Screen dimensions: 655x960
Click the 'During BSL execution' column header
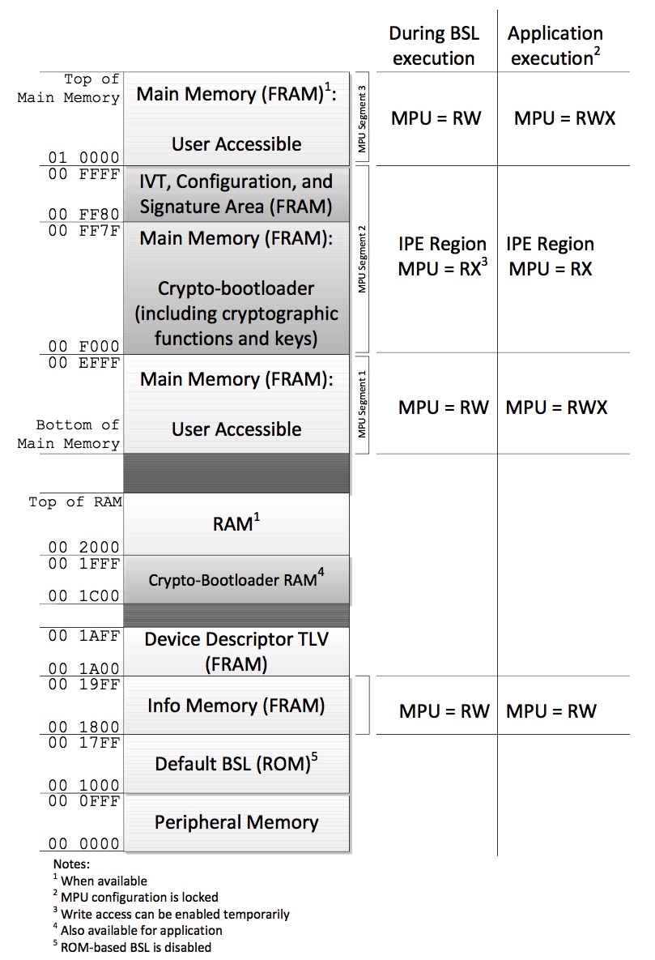(x=434, y=45)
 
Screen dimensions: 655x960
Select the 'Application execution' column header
(x=555, y=45)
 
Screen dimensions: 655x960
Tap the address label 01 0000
(x=84, y=157)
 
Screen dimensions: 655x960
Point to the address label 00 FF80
(x=84, y=214)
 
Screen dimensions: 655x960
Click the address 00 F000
(x=84, y=346)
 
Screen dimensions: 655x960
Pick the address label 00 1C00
(x=84, y=595)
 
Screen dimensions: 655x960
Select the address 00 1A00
(x=84, y=668)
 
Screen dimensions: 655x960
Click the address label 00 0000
(x=84, y=843)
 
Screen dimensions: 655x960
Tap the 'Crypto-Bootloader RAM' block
(x=236, y=580)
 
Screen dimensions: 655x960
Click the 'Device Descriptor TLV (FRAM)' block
(x=236, y=651)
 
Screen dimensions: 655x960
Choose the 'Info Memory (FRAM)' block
(x=236, y=706)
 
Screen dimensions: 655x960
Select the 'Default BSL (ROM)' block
(x=236, y=763)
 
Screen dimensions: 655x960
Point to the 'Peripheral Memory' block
(x=236, y=822)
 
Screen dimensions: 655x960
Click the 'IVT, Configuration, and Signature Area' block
(x=236, y=194)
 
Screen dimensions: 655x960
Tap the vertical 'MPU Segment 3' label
(x=363, y=119)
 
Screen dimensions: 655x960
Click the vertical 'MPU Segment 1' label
(x=363, y=404)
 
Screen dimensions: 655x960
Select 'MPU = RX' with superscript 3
(x=443, y=267)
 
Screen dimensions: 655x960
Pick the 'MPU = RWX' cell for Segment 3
(x=564, y=118)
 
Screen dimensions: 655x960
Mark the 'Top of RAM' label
(x=75, y=502)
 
